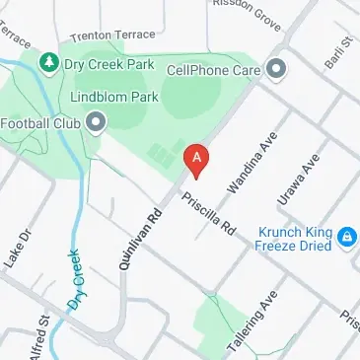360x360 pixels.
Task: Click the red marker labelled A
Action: (197, 160)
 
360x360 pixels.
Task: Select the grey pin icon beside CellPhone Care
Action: (277, 69)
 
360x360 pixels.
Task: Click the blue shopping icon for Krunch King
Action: (346, 237)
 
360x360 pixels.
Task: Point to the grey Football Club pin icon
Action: (96, 123)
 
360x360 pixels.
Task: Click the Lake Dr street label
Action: (18, 248)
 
